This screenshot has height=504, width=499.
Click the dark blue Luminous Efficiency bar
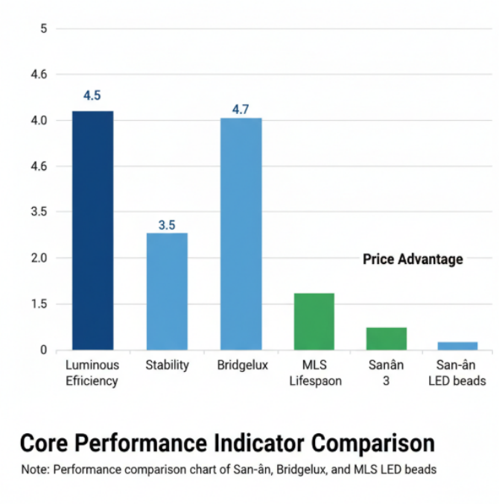[x=93, y=230]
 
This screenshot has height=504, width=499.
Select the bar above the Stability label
[x=167, y=292]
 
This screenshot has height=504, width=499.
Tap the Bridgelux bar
[x=241, y=233]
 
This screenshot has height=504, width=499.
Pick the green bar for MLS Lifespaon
[x=314, y=321]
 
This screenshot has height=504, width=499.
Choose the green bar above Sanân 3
[x=387, y=338]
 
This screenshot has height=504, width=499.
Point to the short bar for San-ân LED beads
[x=457, y=346]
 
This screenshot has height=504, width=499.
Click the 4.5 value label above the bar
[x=92, y=95]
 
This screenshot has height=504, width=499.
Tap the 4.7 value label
[x=241, y=110]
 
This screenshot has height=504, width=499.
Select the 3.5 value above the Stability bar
[x=167, y=225]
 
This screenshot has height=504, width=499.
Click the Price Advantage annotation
[x=413, y=259]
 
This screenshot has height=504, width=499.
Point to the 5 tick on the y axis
[x=44, y=29]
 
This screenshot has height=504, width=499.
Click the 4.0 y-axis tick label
[x=39, y=121]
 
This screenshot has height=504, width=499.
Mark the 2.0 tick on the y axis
[x=39, y=258]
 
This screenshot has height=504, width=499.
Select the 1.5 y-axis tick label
[x=39, y=303]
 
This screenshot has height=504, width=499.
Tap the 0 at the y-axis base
[x=44, y=350]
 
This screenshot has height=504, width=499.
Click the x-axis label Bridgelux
[x=243, y=365]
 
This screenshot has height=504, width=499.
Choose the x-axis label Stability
[x=168, y=365]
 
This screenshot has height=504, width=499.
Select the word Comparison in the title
[x=373, y=444]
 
